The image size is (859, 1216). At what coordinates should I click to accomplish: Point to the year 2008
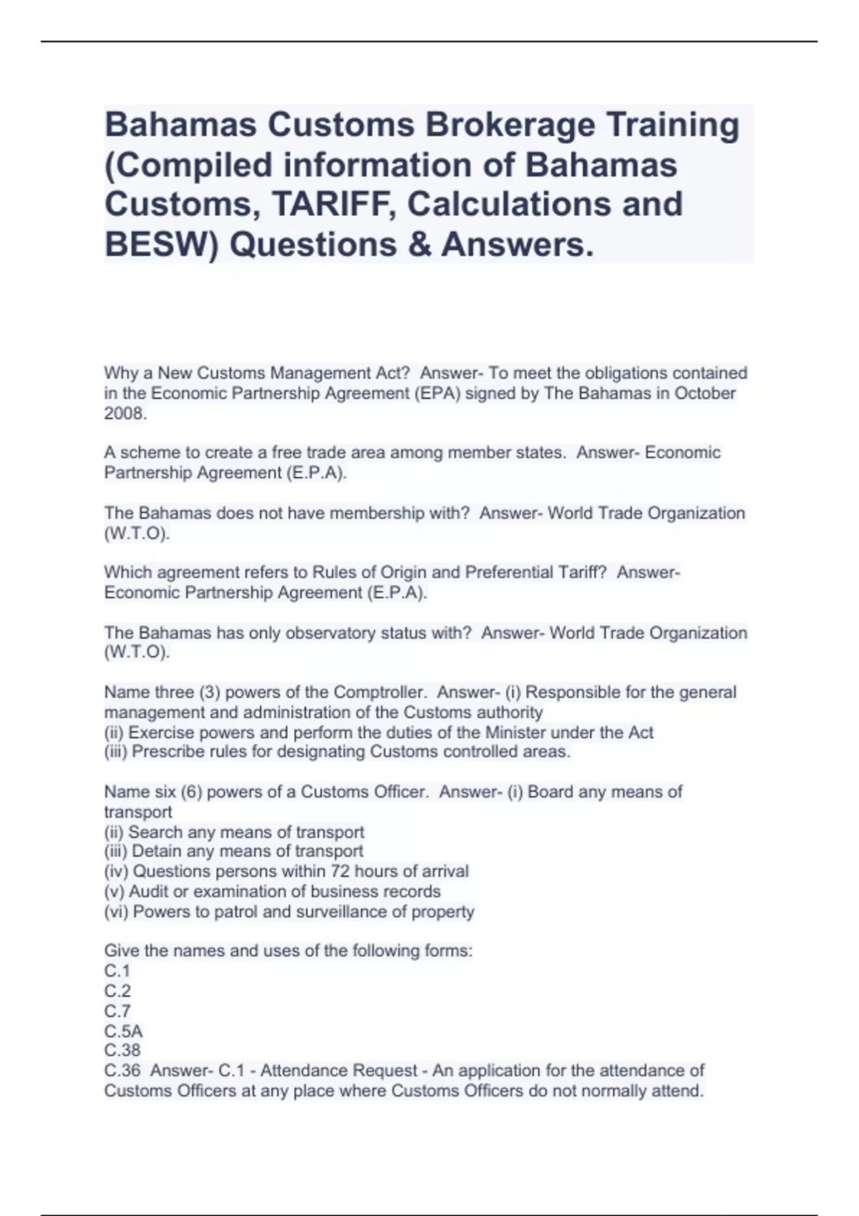(125, 413)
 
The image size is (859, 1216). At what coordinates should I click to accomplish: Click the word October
(706, 393)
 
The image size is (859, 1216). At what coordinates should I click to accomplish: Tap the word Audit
(150, 891)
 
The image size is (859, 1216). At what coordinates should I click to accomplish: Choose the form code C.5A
(123, 1031)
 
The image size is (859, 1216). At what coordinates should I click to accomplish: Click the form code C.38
(122, 1050)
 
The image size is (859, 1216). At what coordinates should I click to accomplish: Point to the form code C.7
(117, 1011)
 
